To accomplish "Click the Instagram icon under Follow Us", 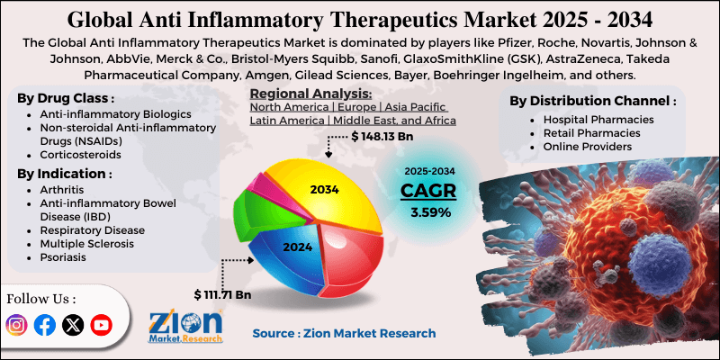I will (17, 326).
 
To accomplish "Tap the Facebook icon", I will (44, 326).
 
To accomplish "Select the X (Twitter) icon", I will (72, 326).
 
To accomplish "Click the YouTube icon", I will (101, 326).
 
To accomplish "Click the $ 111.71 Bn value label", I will (221, 294).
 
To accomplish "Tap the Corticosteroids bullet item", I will (80, 154).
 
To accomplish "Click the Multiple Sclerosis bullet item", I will (86, 243).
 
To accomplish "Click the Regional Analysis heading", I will (310, 94).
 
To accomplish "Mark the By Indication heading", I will (65, 173).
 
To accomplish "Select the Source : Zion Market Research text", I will (344, 333).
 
